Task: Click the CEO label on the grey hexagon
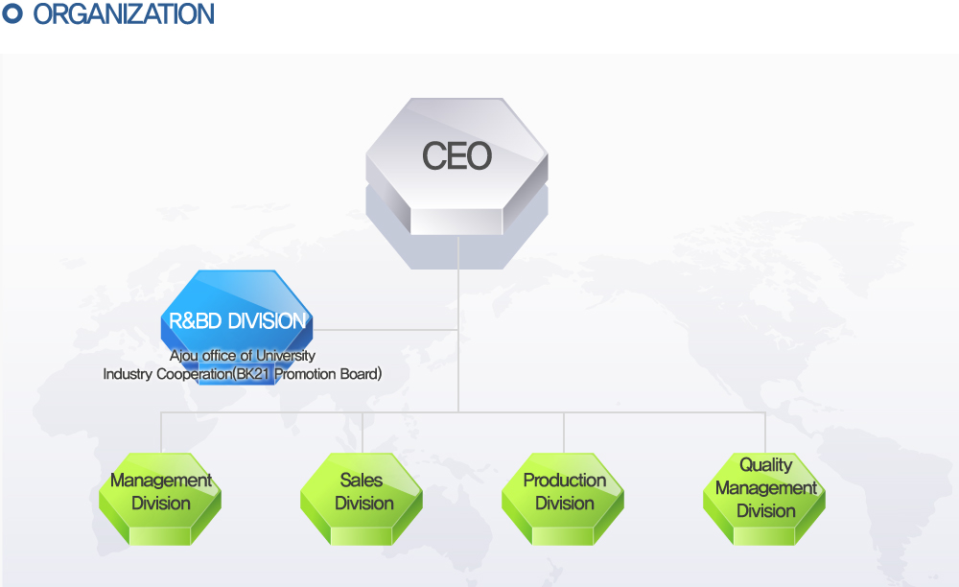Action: [x=456, y=156]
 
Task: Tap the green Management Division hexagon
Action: [x=160, y=499]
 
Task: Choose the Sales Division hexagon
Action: [x=362, y=499]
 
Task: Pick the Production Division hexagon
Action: [x=563, y=499]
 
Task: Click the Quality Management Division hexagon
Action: [x=764, y=499]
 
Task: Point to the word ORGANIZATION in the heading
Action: [x=124, y=14]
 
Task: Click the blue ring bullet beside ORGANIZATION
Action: [x=12, y=13]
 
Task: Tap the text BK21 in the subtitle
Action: [x=253, y=374]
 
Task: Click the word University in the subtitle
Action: [x=286, y=355]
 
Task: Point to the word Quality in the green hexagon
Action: [x=765, y=465]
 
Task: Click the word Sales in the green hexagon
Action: [x=362, y=480]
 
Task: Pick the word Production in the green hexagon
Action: [x=565, y=480]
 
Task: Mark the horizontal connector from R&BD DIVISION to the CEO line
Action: [x=386, y=330]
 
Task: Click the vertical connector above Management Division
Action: [x=161, y=433]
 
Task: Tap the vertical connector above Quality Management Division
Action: [x=765, y=433]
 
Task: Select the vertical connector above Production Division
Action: [x=564, y=433]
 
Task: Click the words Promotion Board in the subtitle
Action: [x=327, y=374]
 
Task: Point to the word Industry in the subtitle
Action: [x=128, y=374]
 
